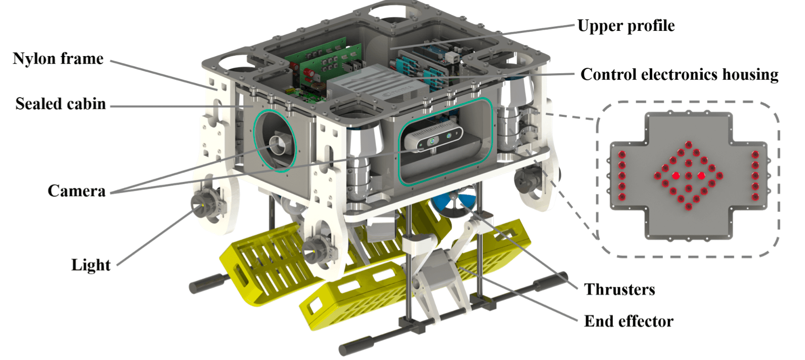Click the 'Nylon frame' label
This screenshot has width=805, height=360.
(58, 59)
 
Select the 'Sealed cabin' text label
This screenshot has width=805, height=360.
(60, 104)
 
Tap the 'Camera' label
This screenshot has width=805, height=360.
(76, 191)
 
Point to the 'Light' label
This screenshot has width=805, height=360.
(91, 264)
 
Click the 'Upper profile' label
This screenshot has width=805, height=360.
(625, 26)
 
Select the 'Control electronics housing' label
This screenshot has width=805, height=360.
(679, 74)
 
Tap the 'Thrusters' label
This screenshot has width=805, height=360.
(619, 289)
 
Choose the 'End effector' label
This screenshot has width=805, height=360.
(629, 321)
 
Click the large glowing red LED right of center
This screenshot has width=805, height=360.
(701, 175)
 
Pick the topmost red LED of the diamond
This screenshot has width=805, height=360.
(689, 145)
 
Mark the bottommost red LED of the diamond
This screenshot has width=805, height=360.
(689, 207)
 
